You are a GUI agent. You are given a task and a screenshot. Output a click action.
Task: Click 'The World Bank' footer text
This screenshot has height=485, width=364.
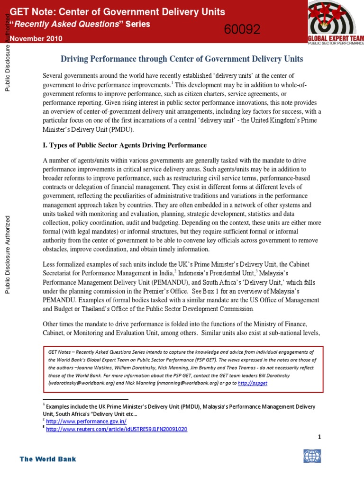point(47,459)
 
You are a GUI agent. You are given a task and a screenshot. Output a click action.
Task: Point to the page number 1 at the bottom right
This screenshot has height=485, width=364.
point(319,437)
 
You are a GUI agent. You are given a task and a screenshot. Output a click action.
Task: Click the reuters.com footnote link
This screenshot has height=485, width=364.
point(117,429)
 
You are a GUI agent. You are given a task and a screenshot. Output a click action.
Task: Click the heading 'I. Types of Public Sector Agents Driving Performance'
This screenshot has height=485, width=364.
point(125,144)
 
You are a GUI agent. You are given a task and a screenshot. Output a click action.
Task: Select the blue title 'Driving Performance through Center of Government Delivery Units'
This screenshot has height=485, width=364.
point(182,59)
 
